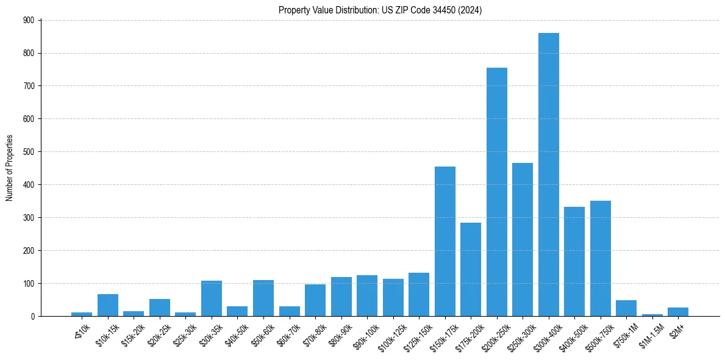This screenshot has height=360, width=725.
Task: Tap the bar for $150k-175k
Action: [x=445, y=241]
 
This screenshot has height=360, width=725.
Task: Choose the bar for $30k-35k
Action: [x=212, y=298]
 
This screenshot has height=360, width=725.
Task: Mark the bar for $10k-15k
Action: [x=108, y=305]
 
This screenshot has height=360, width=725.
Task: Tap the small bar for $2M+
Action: [x=678, y=312]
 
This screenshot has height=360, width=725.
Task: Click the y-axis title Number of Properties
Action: [x=9, y=168]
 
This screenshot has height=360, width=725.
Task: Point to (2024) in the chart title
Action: [x=470, y=10]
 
